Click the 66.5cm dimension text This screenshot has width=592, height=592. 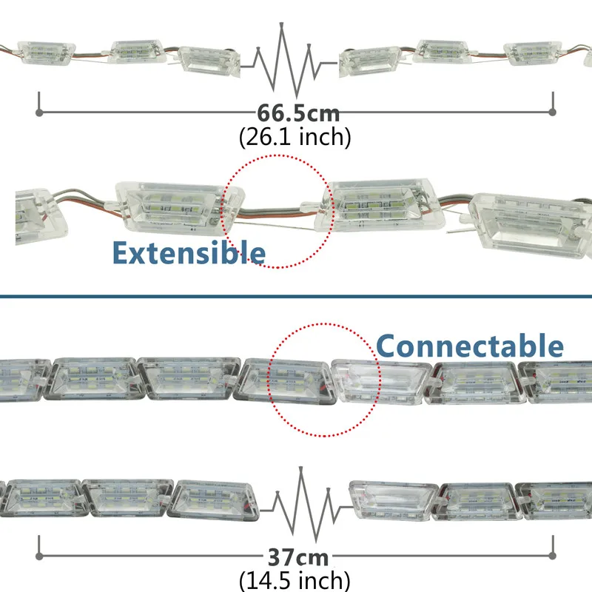tap(298, 114)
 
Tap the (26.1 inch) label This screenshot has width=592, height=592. tap(295, 136)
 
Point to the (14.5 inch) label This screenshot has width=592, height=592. tap(295, 579)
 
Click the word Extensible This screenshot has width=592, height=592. tap(188, 252)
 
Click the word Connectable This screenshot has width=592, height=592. tap(469, 346)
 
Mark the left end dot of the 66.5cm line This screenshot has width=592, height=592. tap(39, 112)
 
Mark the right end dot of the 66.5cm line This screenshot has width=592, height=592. tap(552, 112)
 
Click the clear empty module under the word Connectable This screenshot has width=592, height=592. tap(376, 380)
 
